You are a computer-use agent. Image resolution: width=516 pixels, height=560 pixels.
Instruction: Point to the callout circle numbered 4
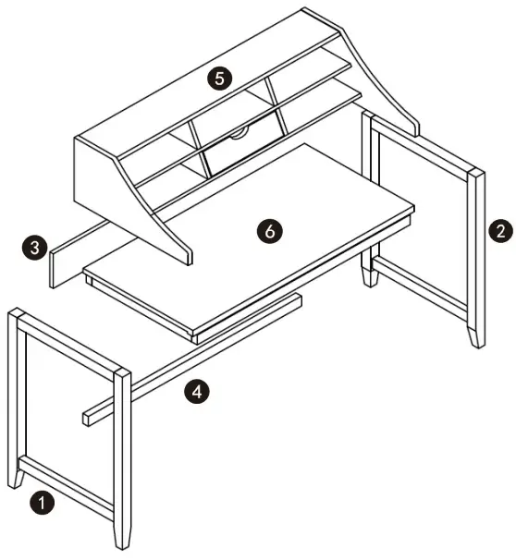(196, 392)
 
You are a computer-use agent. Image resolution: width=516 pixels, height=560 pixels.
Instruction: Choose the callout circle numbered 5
(218, 78)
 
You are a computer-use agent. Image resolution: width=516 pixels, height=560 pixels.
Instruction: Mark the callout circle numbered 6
(269, 231)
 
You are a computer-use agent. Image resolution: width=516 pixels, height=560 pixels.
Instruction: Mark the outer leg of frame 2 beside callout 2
(476, 259)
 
